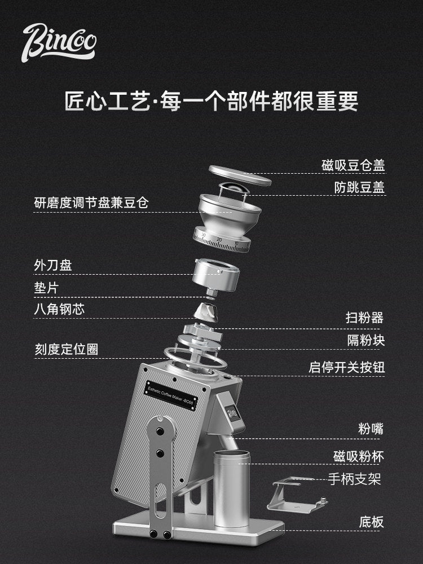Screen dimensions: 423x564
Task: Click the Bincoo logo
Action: pyautogui.click(x=59, y=43)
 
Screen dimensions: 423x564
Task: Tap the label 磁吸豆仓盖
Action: pyautogui.click(x=353, y=165)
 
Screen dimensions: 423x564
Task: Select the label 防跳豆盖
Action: pyautogui.click(x=359, y=187)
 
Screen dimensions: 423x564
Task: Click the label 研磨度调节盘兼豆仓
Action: pyautogui.click(x=91, y=203)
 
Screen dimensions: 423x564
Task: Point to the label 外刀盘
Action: pyautogui.click(x=53, y=266)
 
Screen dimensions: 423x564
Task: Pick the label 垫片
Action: pyautogui.click(x=46, y=288)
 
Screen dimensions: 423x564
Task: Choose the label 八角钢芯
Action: pyautogui.click(x=59, y=309)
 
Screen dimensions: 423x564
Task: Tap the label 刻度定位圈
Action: pyautogui.click(x=66, y=349)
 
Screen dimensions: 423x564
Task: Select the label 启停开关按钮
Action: pyautogui.click(x=347, y=367)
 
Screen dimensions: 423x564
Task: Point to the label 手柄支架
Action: pyautogui.click(x=354, y=479)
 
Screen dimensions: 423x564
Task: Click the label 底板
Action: pyautogui.click(x=372, y=522)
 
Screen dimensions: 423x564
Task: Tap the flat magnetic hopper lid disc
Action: pyautogui.click(x=240, y=175)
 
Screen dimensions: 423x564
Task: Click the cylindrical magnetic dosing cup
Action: pyautogui.click(x=232, y=488)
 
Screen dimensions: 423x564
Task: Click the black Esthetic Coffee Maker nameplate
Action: pyautogui.click(x=171, y=395)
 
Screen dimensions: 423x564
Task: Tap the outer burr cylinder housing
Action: pyautogui.click(x=216, y=274)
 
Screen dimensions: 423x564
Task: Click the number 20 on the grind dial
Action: pyautogui.click(x=219, y=240)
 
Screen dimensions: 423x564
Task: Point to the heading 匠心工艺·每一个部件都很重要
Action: pyautogui.click(x=211, y=101)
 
